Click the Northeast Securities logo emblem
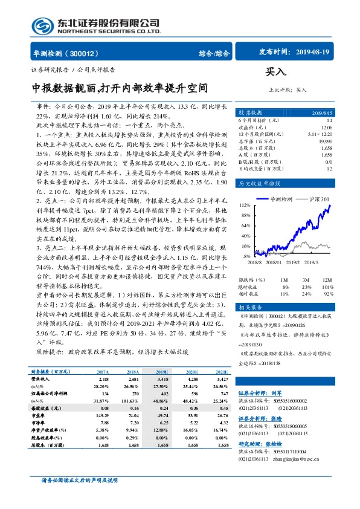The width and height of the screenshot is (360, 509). tap(43, 25)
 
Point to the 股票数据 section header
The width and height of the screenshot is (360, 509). tap(250, 112)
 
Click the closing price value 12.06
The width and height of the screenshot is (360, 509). tap(326, 128)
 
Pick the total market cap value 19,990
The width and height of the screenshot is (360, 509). tap(324, 141)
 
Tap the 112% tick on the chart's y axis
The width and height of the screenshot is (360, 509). tap(245, 204)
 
